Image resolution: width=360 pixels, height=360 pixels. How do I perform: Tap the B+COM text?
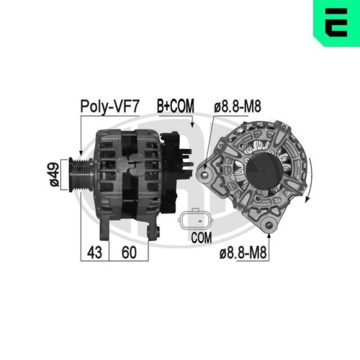pos(175,107)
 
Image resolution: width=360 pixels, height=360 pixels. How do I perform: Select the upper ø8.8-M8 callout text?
pos(237,107)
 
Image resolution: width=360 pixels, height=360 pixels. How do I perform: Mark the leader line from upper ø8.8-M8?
pos(217,137)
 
